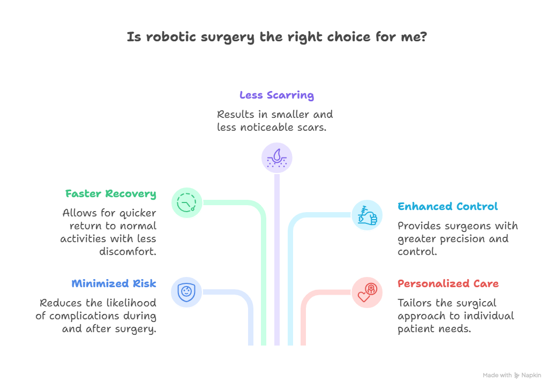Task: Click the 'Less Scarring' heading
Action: tap(276, 95)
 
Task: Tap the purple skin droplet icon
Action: tap(277, 157)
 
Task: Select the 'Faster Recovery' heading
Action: tap(111, 193)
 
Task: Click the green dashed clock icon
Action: tap(187, 203)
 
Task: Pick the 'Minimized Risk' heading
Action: tap(114, 283)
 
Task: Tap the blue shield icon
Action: tap(187, 292)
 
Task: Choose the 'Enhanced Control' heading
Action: tap(448, 206)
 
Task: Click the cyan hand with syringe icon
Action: tap(367, 215)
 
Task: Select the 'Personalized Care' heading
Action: tap(448, 283)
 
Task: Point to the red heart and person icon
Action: tap(367, 292)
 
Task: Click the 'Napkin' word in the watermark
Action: tap(531, 376)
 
